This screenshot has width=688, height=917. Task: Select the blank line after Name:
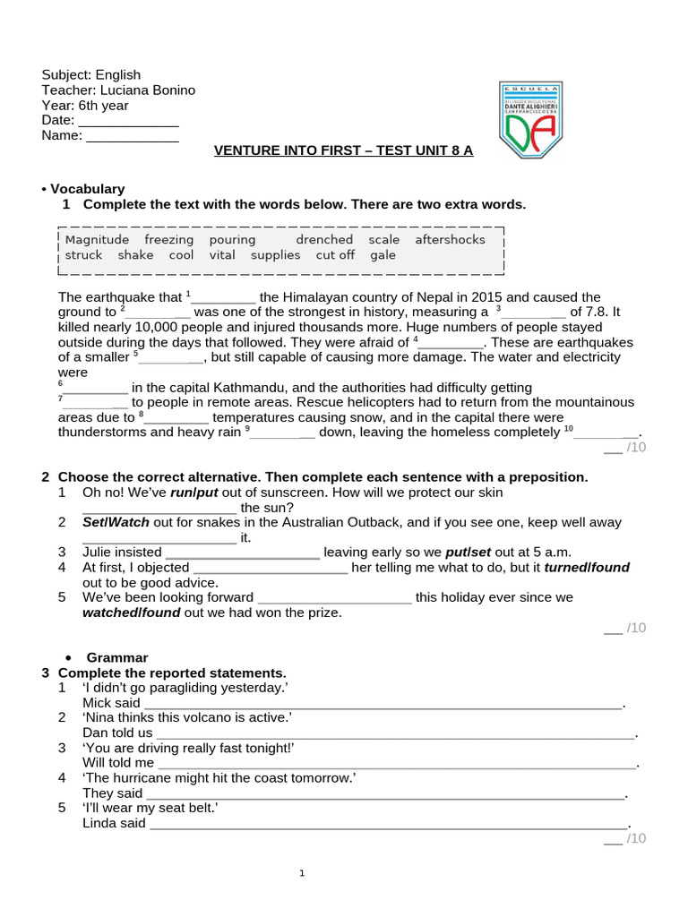[x=132, y=136]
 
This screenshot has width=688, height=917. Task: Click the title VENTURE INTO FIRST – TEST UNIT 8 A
[x=343, y=150]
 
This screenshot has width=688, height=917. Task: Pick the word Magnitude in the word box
[x=97, y=240]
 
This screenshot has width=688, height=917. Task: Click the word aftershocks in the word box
[x=450, y=240]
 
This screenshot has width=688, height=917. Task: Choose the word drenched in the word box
[x=324, y=240]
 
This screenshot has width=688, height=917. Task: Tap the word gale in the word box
[x=383, y=255]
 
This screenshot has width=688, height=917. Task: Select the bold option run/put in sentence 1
[x=194, y=493]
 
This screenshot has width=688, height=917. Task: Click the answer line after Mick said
[x=383, y=704]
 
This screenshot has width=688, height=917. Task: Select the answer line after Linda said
[x=389, y=824]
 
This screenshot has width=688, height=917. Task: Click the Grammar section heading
[x=116, y=657]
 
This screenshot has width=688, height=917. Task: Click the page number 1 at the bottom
[x=302, y=873]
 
